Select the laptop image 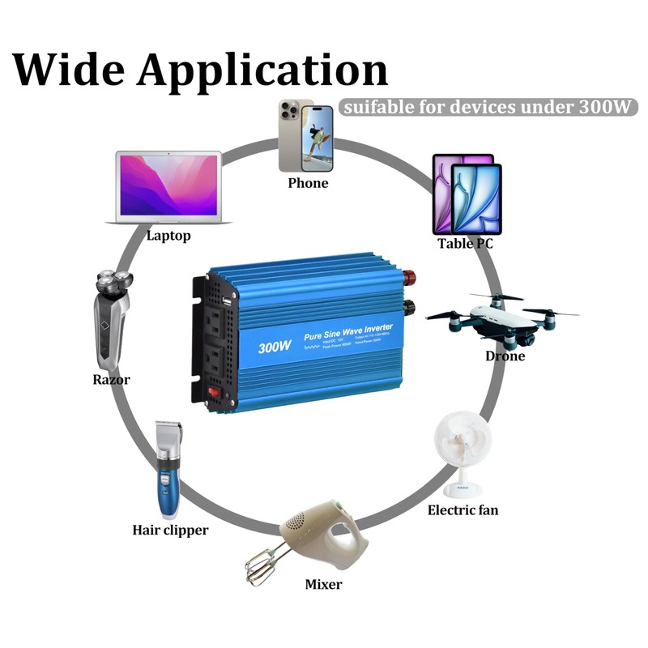coord(169,187)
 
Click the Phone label coord(308,183)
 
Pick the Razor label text coord(111,379)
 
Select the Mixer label coord(323,584)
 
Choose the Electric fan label coord(463,510)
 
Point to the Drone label coord(505,356)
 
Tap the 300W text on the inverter coord(275,347)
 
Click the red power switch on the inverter coord(215,392)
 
